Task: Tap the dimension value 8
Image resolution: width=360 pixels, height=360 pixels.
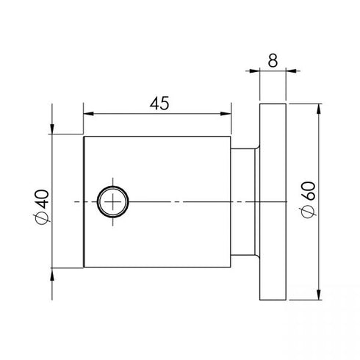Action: click(x=273, y=60)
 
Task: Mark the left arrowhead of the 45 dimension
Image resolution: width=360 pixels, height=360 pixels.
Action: click(x=89, y=114)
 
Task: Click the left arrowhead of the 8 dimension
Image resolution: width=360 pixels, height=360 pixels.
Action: click(x=254, y=71)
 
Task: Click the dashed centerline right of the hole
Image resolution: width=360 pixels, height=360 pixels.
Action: click(x=184, y=201)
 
